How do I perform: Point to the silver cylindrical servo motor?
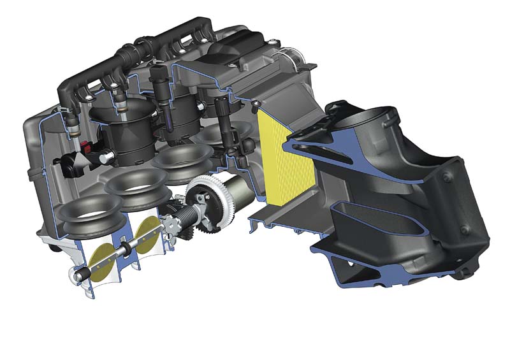coord(238,192)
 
